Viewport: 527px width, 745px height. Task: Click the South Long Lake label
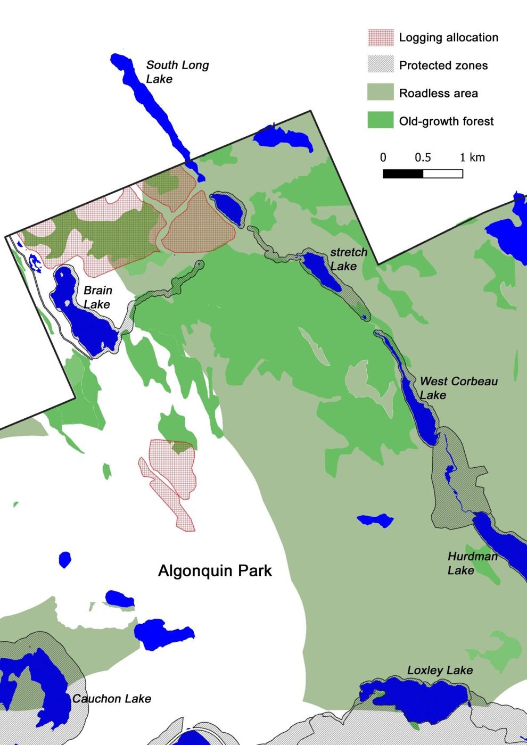click(x=177, y=72)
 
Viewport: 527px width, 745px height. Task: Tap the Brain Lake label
click(x=97, y=297)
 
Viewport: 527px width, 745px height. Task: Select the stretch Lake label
click(x=349, y=259)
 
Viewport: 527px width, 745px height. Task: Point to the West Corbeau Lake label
click(x=458, y=388)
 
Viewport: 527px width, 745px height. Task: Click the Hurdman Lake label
click(x=472, y=563)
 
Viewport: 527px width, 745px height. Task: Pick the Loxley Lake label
click(x=440, y=670)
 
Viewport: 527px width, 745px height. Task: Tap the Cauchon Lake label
click(x=112, y=698)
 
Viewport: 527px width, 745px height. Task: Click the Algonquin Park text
click(x=215, y=570)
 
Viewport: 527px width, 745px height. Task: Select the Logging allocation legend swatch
click(x=381, y=37)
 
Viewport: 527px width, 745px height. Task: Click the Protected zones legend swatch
click(x=381, y=65)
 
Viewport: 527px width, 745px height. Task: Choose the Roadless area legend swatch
click(x=381, y=93)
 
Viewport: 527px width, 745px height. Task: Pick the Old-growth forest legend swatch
click(x=381, y=120)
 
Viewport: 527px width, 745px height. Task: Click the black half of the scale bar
click(x=403, y=173)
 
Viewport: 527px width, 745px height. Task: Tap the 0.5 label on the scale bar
click(x=423, y=158)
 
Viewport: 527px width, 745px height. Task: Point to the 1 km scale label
click(x=472, y=158)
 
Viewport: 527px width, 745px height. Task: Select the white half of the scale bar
click(x=443, y=173)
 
